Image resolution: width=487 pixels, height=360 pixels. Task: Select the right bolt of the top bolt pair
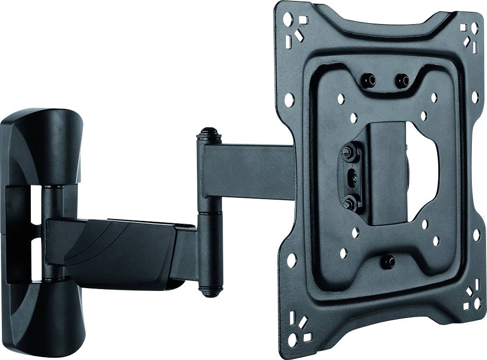tap(402, 80)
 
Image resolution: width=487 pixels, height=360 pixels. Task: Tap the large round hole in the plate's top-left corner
tap(286, 19)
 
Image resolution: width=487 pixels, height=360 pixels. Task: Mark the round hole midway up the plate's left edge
tap(289, 99)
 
